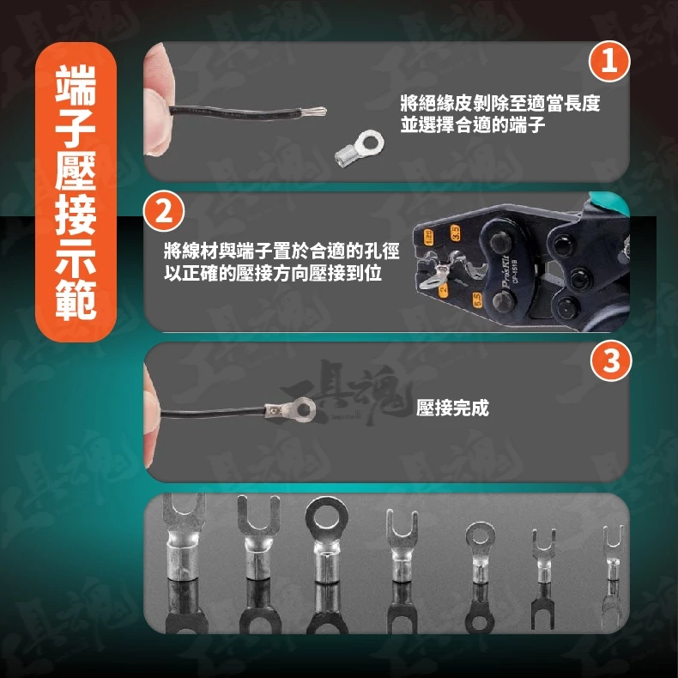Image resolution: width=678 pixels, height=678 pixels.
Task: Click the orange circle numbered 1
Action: pos(609,61)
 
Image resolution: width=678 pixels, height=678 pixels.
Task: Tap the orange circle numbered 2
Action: pos(164,212)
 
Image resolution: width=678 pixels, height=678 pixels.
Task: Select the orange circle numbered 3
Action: pos(611,360)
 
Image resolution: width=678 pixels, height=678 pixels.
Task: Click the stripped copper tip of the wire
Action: pos(313,111)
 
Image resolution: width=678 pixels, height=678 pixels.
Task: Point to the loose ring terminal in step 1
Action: pos(360,148)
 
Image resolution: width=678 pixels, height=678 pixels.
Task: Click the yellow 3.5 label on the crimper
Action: pos(455,233)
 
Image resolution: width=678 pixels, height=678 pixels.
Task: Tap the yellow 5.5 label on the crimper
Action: pos(476,300)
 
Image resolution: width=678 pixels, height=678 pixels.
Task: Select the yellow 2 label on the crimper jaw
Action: pos(444,289)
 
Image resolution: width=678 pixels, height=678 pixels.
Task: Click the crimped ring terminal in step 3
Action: pos(290,409)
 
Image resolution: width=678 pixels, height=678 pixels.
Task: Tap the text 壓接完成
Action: pos(452,408)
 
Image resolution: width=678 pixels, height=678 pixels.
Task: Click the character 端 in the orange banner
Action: pos(76,85)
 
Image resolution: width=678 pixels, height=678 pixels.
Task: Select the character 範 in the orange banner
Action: pos(76,299)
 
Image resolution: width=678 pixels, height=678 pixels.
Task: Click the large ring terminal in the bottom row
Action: pos(326,539)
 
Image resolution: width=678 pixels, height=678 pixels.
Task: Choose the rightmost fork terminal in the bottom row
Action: pos(613,553)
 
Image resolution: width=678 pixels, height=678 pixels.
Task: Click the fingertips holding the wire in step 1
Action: pos(156,101)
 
